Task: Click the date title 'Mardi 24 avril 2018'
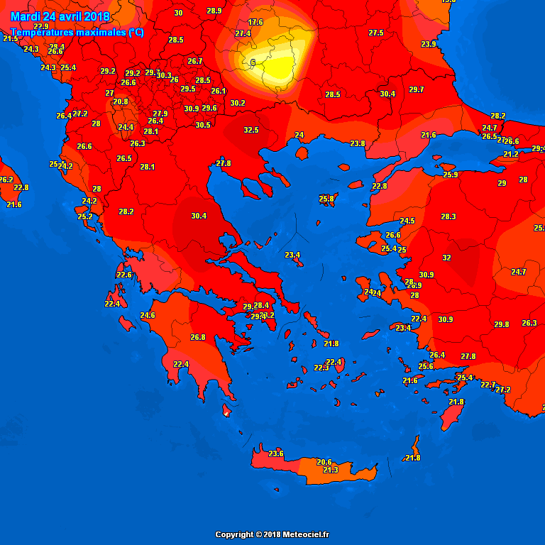pos(60,16)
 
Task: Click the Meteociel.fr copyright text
pos(272,534)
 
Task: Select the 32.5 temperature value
pos(251,130)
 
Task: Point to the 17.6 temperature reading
pos(255,22)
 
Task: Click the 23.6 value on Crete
pos(276,453)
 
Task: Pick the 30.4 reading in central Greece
pos(199,216)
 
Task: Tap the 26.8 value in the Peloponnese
pos(198,337)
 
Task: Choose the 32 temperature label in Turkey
pos(446,258)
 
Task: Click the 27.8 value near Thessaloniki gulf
pos(224,163)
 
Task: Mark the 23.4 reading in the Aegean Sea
pos(292,255)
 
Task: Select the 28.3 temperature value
pos(448,216)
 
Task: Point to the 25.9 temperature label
pos(451,175)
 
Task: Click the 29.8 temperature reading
pos(502,324)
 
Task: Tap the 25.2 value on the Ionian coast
pos(85,216)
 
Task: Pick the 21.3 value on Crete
pos(331,470)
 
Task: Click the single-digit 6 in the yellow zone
pos(253,62)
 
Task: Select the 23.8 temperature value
pos(358,143)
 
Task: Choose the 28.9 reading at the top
pos(214,11)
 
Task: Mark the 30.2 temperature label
pos(238,103)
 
